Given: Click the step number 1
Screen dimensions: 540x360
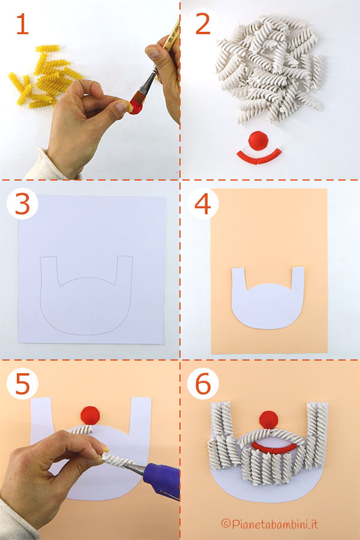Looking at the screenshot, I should click(22, 25).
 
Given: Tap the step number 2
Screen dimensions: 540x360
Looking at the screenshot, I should click(203, 25).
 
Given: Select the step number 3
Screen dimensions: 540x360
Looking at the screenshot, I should click(22, 205).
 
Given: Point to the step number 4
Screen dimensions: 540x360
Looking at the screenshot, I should click(203, 205).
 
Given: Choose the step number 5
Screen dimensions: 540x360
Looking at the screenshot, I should click(22, 385).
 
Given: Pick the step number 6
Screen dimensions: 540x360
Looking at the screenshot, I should click(203, 385).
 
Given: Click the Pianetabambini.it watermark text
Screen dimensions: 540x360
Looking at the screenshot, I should click(269, 524).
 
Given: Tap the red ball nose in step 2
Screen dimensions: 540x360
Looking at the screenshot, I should click(260, 139).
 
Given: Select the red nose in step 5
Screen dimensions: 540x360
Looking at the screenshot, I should click(91, 413).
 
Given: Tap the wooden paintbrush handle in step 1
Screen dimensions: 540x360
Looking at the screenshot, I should click(169, 39).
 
